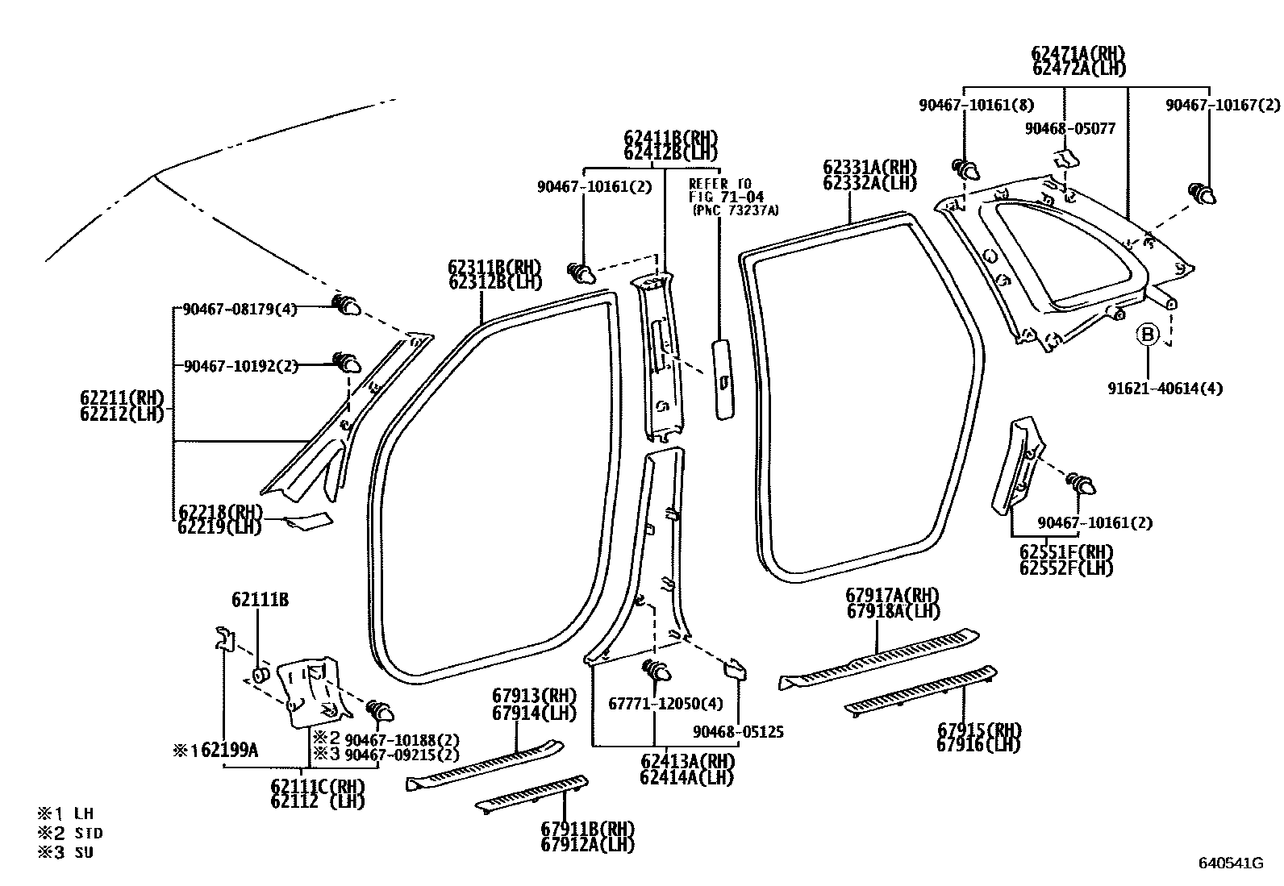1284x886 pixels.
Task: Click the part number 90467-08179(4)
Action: tap(240, 308)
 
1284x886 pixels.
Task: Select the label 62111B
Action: tap(260, 600)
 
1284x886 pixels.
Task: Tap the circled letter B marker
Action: tap(1147, 334)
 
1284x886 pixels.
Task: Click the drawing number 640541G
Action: tap(1230, 863)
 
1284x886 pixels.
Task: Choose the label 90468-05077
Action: tap(1069, 128)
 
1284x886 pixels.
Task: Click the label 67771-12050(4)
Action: tap(665, 704)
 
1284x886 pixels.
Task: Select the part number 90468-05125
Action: tap(738, 732)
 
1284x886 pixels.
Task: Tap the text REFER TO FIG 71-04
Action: tap(719, 190)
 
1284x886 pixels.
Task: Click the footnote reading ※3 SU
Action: tap(66, 852)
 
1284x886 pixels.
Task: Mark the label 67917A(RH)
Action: tap(892, 596)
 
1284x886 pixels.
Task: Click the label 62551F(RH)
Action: tap(1065, 552)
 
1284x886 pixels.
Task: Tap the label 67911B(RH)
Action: tap(587, 829)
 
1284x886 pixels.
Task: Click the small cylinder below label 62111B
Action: tap(260, 673)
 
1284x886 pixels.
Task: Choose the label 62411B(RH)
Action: tap(669, 138)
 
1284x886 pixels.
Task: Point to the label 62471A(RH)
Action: tap(1078, 53)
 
